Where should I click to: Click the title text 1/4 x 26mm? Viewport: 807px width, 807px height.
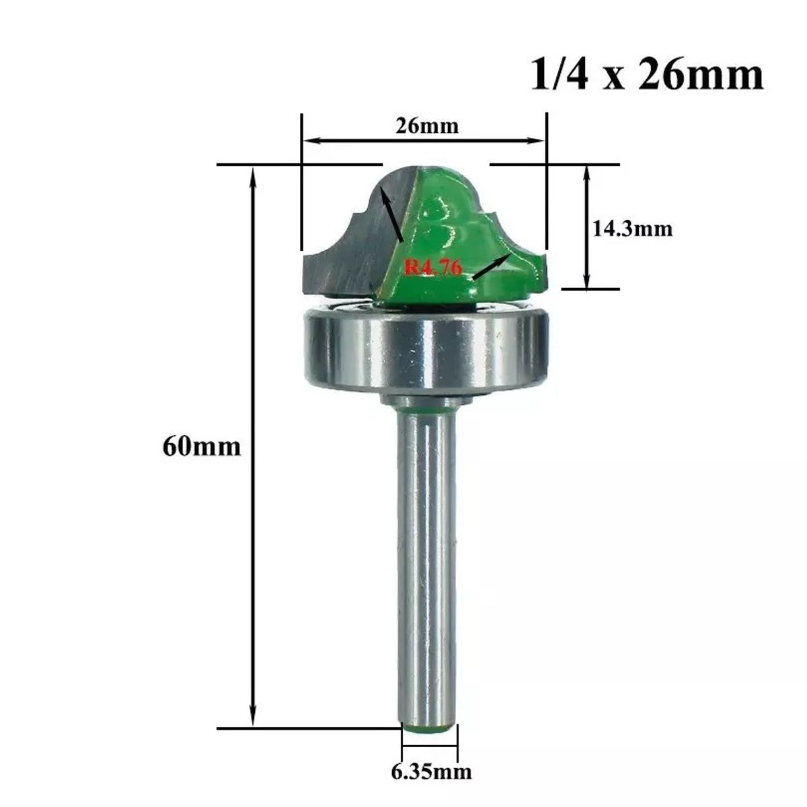click(647, 75)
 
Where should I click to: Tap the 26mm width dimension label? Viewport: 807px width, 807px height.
click(427, 126)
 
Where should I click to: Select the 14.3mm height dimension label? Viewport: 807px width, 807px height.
click(632, 229)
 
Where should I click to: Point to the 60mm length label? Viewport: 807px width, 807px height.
click(202, 447)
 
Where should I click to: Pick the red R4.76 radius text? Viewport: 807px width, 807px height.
click(433, 266)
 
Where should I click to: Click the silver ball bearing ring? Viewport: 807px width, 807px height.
click(424, 352)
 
